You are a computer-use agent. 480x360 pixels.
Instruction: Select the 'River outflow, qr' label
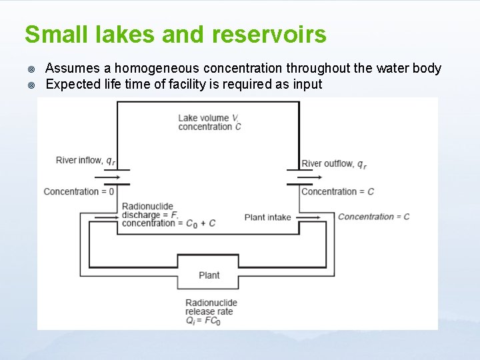coord(334,164)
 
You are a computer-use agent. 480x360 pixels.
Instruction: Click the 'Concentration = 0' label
coord(79,192)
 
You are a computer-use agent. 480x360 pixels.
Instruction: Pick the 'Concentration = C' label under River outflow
coord(337,192)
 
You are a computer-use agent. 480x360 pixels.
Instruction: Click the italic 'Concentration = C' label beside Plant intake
coord(373,217)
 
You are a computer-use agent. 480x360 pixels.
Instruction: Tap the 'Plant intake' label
coord(267,217)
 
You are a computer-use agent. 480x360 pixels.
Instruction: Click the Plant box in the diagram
coord(209,275)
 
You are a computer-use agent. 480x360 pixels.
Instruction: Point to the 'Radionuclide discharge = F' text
coord(149,211)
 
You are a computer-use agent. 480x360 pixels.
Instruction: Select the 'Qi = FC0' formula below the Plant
coord(203,321)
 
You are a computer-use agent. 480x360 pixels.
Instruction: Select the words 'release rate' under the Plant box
coord(209,311)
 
